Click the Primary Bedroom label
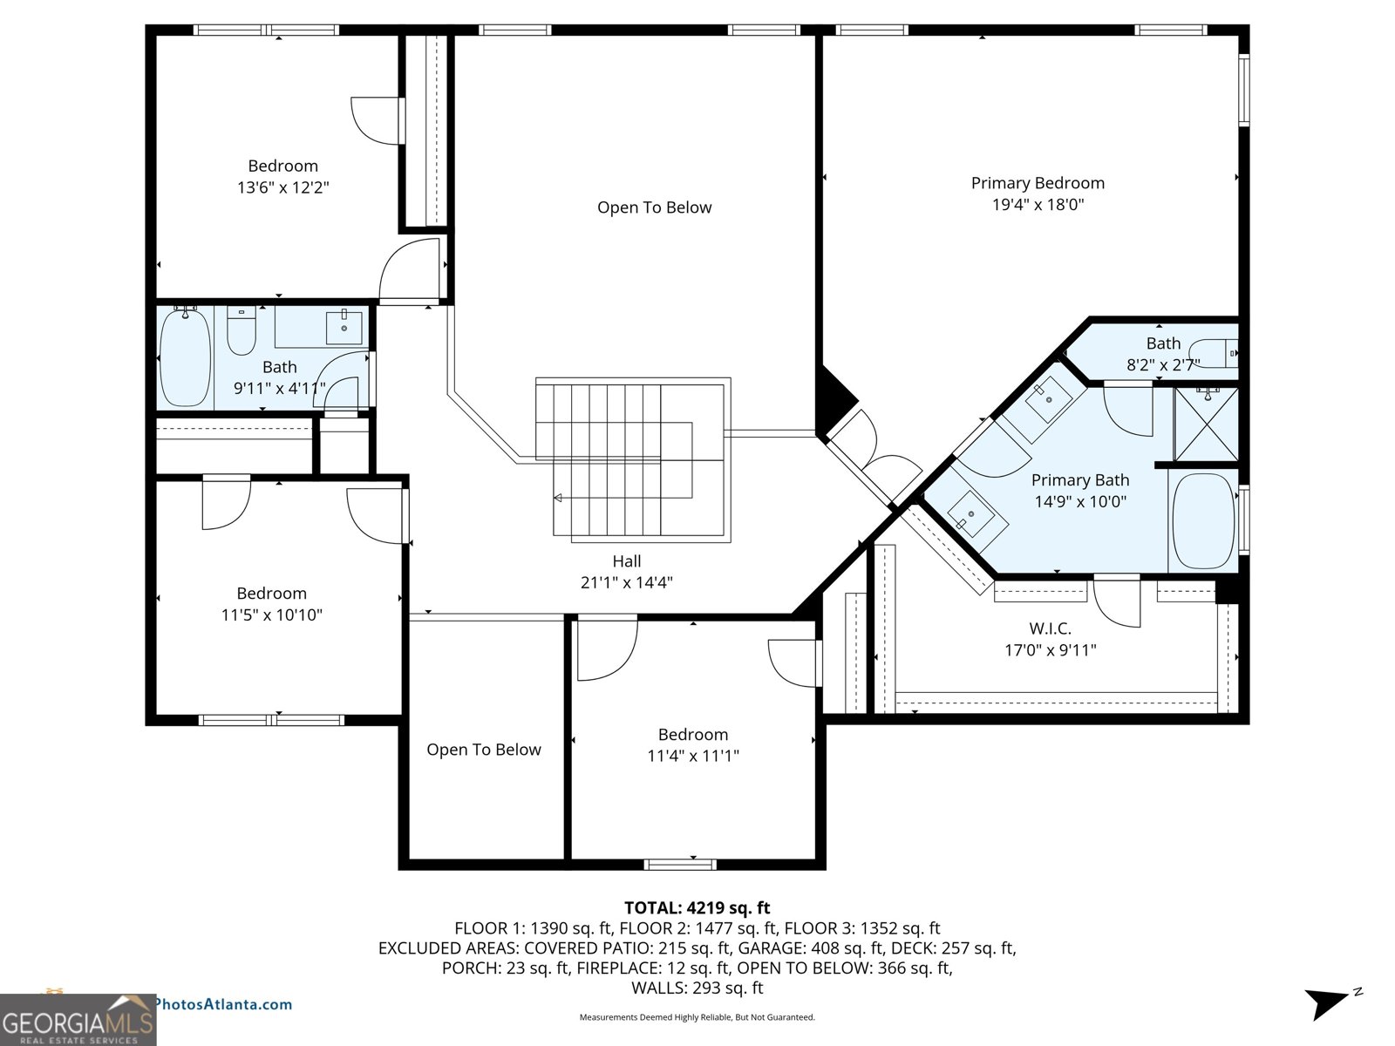(x=1038, y=183)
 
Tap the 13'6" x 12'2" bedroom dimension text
(x=282, y=187)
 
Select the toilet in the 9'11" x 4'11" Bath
(x=241, y=331)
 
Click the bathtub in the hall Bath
(x=186, y=357)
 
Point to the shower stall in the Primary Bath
(x=1206, y=425)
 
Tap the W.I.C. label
(x=1050, y=628)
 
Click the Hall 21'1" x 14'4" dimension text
(x=626, y=582)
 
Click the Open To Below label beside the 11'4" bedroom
(x=483, y=750)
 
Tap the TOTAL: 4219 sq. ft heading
(x=697, y=908)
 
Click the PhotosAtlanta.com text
(x=223, y=1004)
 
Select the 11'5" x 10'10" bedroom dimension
(x=271, y=615)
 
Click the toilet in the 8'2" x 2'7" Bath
(x=1214, y=352)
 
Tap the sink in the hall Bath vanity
(x=344, y=328)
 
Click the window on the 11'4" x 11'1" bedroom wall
(x=680, y=865)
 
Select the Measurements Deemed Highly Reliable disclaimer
(x=697, y=1017)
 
